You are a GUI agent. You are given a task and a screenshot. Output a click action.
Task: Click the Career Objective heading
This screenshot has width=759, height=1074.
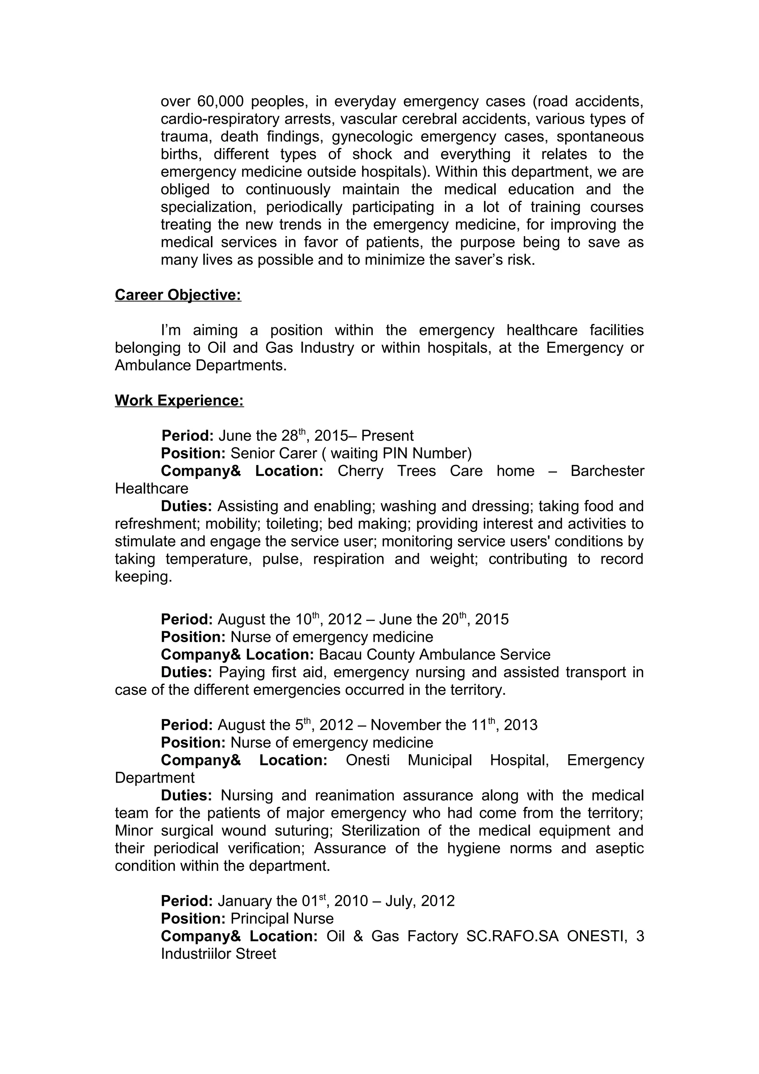tap(178, 295)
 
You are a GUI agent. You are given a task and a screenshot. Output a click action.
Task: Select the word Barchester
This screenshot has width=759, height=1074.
tap(607, 471)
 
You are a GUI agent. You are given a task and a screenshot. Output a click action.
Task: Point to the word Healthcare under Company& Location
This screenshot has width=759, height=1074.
tap(152, 488)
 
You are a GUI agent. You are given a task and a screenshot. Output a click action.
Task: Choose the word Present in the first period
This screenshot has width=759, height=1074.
tap(387, 435)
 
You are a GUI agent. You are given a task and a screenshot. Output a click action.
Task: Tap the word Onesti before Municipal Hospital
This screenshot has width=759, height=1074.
tap(368, 760)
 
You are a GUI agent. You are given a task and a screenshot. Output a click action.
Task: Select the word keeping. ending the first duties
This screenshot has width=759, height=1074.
tap(143, 577)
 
